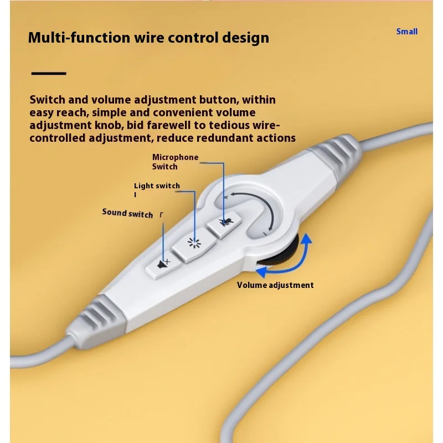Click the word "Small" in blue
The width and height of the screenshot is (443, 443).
pyautogui.click(x=406, y=32)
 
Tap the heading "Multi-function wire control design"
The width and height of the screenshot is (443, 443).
pyautogui.click(x=148, y=38)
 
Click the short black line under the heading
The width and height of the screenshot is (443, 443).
pyautogui.click(x=49, y=73)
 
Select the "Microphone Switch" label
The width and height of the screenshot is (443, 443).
pyautogui.click(x=175, y=162)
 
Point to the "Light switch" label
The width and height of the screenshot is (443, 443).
pyautogui.click(x=157, y=186)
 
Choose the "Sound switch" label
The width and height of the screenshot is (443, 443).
pyautogui.click(x=127, y=213)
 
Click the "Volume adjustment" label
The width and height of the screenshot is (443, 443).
pyautogui.click(x=275, y=285)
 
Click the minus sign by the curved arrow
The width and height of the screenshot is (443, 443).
pyautogui.click(x=265, y=234)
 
